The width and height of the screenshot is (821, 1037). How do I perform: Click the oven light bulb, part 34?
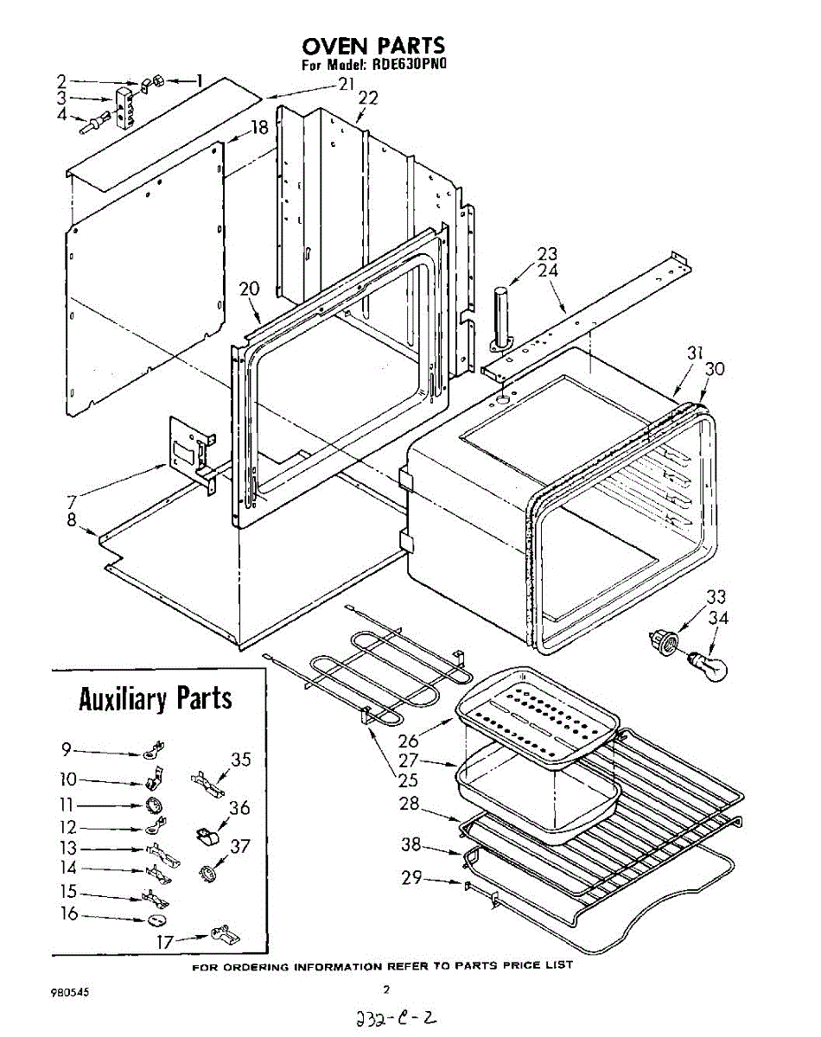(708, 666)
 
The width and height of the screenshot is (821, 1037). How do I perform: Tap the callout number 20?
(249, 289)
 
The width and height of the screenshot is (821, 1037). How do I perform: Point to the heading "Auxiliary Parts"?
(156, 698)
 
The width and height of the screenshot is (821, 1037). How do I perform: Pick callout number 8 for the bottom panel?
(72, 520)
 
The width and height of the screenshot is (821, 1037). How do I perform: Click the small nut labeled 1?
(157, 81)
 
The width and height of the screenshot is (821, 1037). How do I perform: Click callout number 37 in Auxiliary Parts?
(239, 846)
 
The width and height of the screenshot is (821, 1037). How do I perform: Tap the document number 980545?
(70, 993)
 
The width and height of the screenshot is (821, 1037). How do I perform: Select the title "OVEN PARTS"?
(373, 46)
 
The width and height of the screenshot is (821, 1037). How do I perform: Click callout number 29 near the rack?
(411, 877)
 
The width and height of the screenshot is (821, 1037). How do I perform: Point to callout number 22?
(368, 99)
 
